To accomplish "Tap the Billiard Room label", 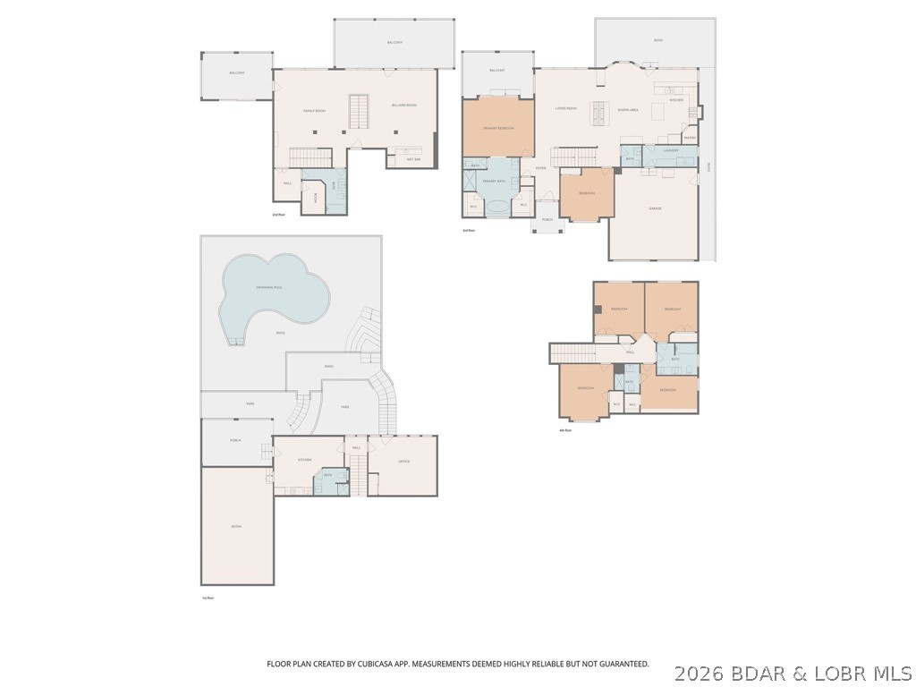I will click(x=403, y=106).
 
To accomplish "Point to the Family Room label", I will click(x=313, y=111).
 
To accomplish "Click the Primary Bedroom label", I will click(x=497, y=129).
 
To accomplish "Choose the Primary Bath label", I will click(x=495, y=182).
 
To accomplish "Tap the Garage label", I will click(x=655, y=208).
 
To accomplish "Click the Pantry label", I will click(x=689, y=138).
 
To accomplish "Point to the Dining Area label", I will click(x=627, y=109).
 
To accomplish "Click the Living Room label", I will click(x=565, y=109).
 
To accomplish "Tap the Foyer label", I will click(x=540, y=168).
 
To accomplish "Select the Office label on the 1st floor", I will click(x=403, y=462).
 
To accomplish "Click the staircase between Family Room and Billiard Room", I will click(x=359, y=111).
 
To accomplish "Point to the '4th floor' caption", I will click(x=564, y=430).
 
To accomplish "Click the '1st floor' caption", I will click(x=208, y=598).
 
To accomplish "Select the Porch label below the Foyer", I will click(x=547, y=219).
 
